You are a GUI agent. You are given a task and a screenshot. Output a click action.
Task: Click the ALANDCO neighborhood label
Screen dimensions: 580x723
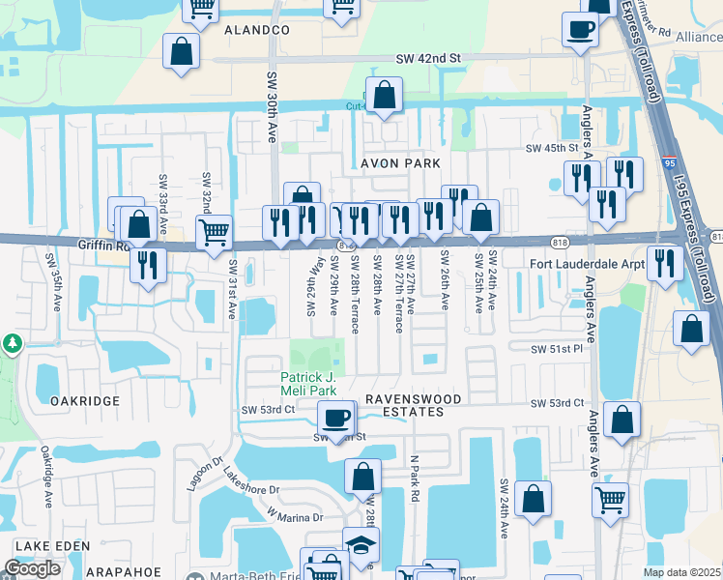(x=257, y=31)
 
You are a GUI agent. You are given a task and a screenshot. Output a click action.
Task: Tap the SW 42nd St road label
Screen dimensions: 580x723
(x=429, y=59)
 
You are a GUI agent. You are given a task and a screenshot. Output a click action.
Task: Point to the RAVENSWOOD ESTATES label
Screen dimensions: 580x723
(x=404, y=405)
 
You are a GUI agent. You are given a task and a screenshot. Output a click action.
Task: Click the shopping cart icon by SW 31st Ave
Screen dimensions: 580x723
(x=214, y=232)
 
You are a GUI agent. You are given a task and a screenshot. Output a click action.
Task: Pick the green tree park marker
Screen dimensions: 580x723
(x=11, y=343)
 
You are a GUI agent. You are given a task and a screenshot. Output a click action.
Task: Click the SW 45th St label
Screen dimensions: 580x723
(x=553, y=149)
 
